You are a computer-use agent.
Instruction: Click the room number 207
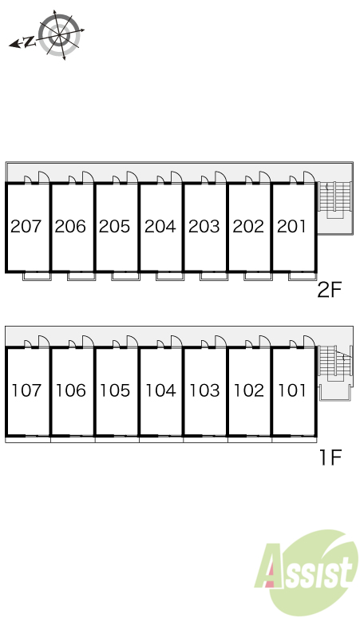[26, 226]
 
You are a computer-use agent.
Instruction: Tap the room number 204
[160, 226]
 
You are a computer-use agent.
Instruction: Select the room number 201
[291, 226]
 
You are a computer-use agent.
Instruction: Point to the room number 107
[26, 390]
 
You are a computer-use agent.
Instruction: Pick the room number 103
[204, 390]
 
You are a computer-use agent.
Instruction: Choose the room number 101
[292, 390]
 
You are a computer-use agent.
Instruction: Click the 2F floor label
[330, 291]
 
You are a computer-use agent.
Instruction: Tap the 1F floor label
[330, 458]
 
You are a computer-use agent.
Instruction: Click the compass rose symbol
[60, 35]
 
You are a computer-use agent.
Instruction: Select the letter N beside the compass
[29, 42]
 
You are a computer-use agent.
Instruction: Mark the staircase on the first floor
[334, 366]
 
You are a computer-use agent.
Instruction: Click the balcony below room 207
[37, 276]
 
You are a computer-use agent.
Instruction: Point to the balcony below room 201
[303, 276]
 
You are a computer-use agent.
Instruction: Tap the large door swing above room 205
[132, 178]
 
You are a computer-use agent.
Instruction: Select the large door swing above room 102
[265, 342]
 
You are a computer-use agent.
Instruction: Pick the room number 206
[70, 226]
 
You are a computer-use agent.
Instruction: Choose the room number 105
[115, 390]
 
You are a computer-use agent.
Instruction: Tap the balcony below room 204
[170, 276]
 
